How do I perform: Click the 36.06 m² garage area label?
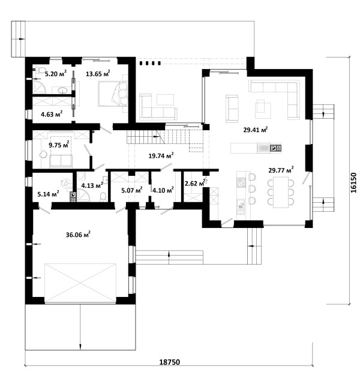[78, 235]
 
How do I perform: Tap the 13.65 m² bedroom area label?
[98, 73]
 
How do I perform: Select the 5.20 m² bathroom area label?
[56, 73]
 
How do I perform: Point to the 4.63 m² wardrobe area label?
[52, 114]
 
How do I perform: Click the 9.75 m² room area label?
[59, 145]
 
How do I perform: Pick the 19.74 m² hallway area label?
[161, 155]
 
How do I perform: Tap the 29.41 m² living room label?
[255, 130]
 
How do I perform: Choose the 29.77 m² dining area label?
[281, 170]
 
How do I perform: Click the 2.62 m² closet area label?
[194, 183]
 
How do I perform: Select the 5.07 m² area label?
[132, 190]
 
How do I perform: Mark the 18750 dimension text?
[170, 362]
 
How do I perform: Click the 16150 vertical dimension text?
[353, 182]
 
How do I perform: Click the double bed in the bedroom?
[113, 94]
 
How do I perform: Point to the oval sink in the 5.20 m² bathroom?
[63, 91]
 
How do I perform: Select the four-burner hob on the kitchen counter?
[241, 182]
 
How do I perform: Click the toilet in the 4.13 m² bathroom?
[103, 197]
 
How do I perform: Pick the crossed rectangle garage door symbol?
[80, 283]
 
